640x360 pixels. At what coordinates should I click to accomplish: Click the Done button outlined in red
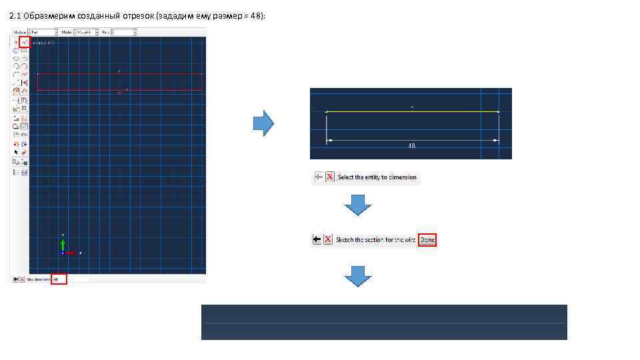pos(427,239)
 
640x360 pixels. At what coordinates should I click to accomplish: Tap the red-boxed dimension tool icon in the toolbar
pos(25,42)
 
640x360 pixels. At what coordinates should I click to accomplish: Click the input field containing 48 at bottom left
pos(59,279)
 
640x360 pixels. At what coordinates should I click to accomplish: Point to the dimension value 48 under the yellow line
pos(412,145)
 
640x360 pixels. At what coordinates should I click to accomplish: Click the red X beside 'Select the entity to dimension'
pos(329,177)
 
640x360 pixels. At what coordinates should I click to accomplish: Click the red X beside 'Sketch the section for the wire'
pos(328,239)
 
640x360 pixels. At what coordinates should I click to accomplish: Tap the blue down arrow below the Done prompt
pos(358,275)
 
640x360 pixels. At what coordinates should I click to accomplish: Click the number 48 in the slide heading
pos(256,15)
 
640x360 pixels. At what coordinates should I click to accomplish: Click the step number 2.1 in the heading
pos(15,15)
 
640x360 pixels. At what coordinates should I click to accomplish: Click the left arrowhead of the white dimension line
pos(329,140)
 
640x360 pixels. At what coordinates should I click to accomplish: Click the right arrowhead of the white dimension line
pos(496,140)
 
